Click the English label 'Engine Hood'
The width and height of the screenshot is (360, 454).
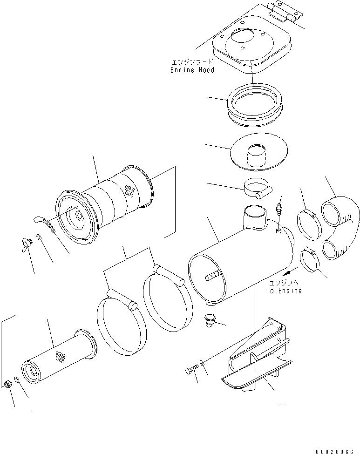pos(192,70)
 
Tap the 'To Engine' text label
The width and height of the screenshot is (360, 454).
pos(284,291)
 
